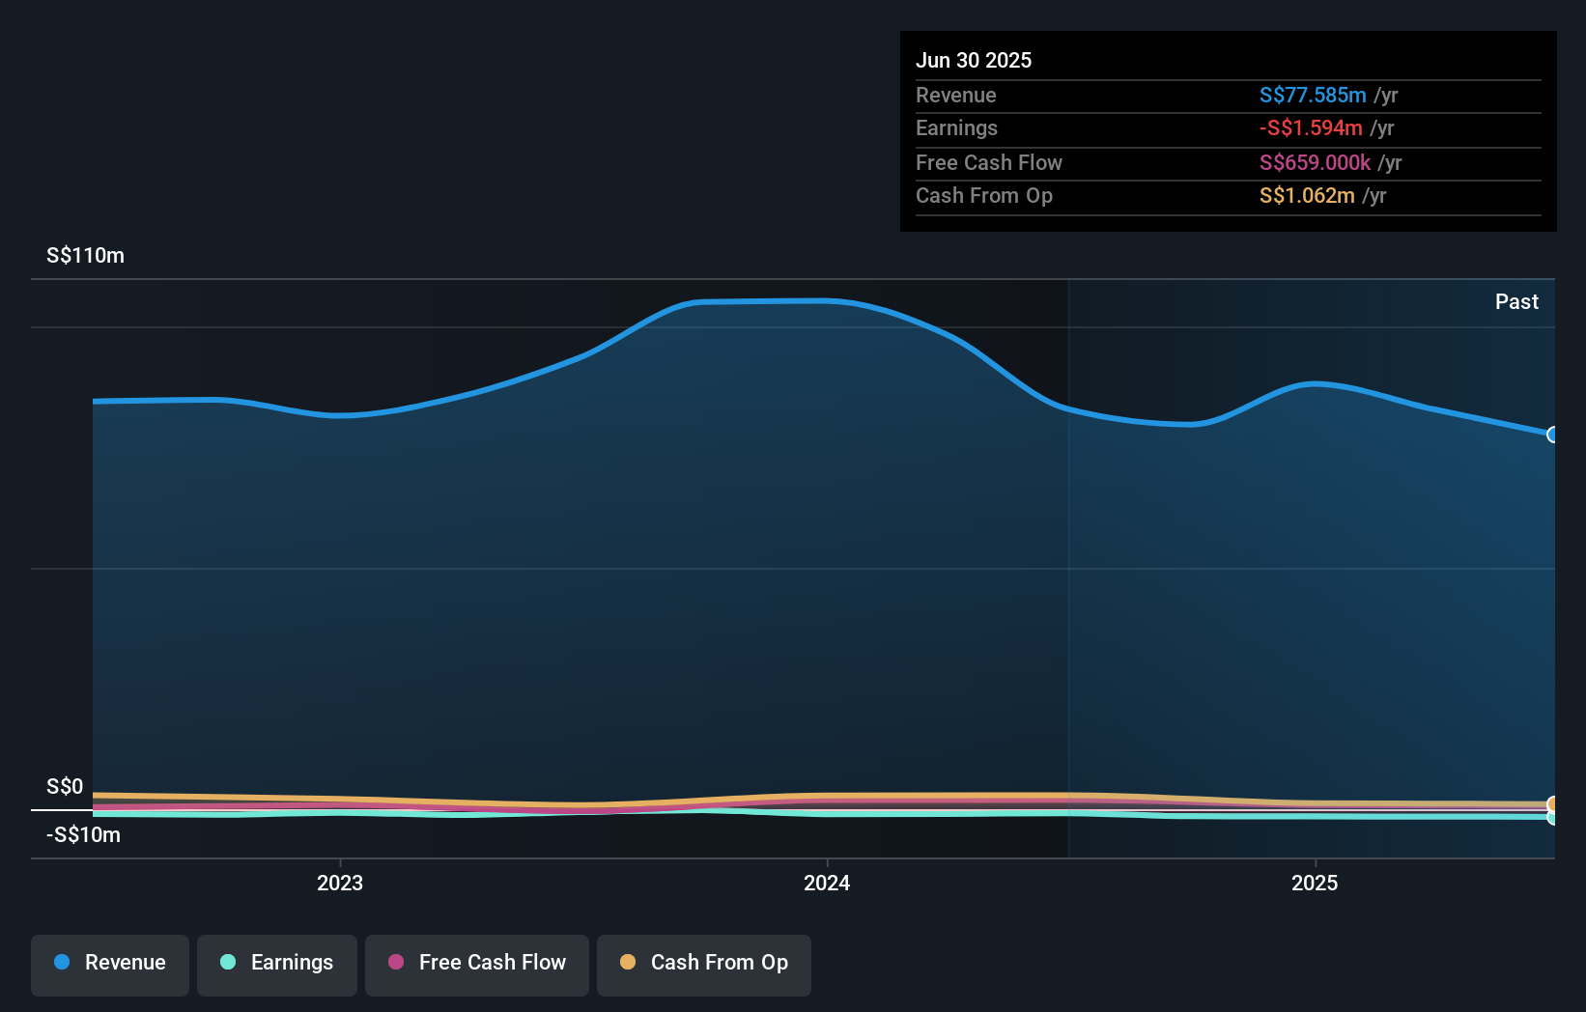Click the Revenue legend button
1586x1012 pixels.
pyautogui.click(x=110, y=964)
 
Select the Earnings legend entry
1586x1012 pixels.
pyautogui.click(x=277, y=964)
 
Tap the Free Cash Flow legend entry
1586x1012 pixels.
pyautogui.click(x=477, y=964)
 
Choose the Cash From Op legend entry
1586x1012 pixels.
pyautogui.click(x=704, y=964)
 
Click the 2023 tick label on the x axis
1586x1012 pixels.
pyautogui.click(x=340, y=883)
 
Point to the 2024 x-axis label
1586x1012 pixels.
pyautogui.click(x=827, y=883)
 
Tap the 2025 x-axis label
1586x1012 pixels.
pyautogui.click(x=1315, y=883)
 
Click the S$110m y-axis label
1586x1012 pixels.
pyautogui.click(x=85, y=256)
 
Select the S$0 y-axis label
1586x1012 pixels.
pyautogui.click(x=65, y=787)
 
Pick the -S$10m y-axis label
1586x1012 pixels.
pyautogui.click(x=83, y=835)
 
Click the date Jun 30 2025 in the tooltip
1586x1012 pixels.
pyautogui.click(x=974, y=61)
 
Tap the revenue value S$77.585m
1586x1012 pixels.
pyautogui.click(x=1312, y=96)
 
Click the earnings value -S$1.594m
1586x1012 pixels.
pyautogui.click(x=1310, y=128)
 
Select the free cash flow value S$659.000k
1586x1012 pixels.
pyautogui.click(x=1315, y=163)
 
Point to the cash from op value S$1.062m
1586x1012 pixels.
pyautogui.click(x=1306, y=196)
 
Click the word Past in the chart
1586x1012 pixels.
pyautogui.click(x=1516, y=302)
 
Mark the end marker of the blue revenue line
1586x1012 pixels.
pyautogui.click(x=1553, y=435)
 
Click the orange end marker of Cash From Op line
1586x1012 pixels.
pyautogui.click(x=1553, y=804)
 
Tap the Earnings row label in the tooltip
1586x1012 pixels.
pyautogui.click(x=956, y=128)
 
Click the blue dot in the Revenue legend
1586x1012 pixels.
pyautogui.click(x=62, y=963)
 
